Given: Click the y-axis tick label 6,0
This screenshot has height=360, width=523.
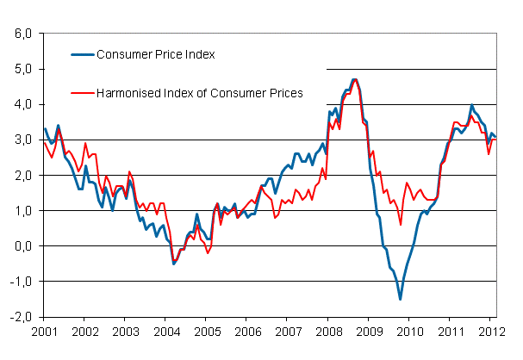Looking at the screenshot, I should (22, 34).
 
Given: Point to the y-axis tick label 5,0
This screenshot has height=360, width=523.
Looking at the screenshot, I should (22, 69).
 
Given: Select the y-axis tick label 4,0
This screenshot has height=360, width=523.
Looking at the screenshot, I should (22, 104).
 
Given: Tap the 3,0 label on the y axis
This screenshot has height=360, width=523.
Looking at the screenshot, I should (22, 140).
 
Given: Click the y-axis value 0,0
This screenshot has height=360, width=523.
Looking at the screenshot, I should (22, 245).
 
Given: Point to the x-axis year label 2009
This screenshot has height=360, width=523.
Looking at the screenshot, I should (369, 330).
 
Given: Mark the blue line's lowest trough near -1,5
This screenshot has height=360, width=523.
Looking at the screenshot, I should (400, 299).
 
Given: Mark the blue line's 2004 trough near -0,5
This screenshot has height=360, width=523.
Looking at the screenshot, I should (173, 264).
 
